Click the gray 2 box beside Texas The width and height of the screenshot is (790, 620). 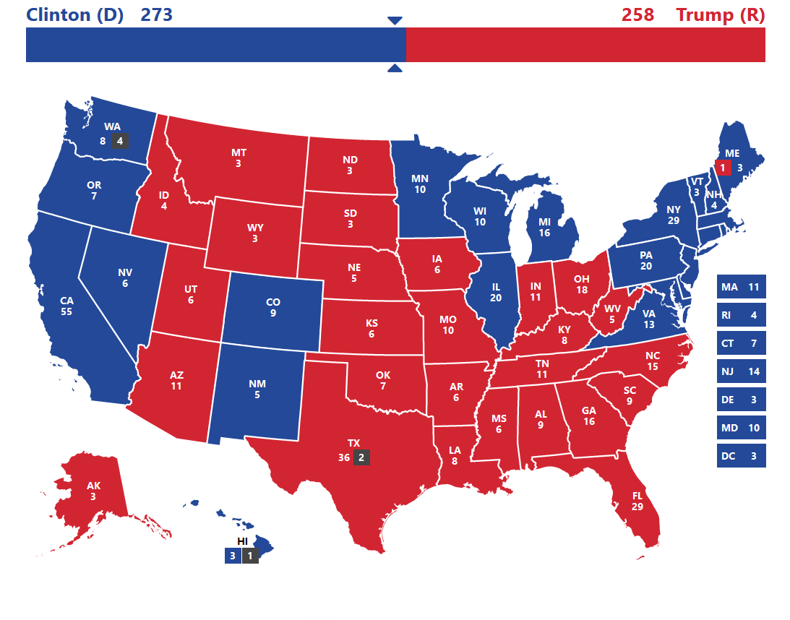coord(362,457)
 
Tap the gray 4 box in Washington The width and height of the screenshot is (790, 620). coord(120,141)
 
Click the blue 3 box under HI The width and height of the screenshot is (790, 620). coord(232,556)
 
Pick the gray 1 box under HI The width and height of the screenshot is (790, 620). coord(250,556)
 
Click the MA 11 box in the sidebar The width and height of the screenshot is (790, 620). coord(741,287)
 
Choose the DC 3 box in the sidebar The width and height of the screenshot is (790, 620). coord(741,456)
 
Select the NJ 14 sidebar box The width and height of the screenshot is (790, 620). coord(741,371)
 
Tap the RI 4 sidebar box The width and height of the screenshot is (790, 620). coord(741,315)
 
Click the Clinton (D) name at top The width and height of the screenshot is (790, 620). coord(74,14)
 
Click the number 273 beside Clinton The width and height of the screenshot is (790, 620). coord(156,14)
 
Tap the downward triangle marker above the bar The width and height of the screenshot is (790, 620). coord(395,21)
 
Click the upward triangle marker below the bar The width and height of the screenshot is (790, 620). coord(395,69)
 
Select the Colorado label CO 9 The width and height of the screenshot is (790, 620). coord(272,308)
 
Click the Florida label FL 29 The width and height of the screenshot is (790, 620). coord(637,501)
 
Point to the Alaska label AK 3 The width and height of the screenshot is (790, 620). coord(93,491)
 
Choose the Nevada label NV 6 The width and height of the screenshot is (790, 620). coord(124,278)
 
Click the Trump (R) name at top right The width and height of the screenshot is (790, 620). coord(720,14)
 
